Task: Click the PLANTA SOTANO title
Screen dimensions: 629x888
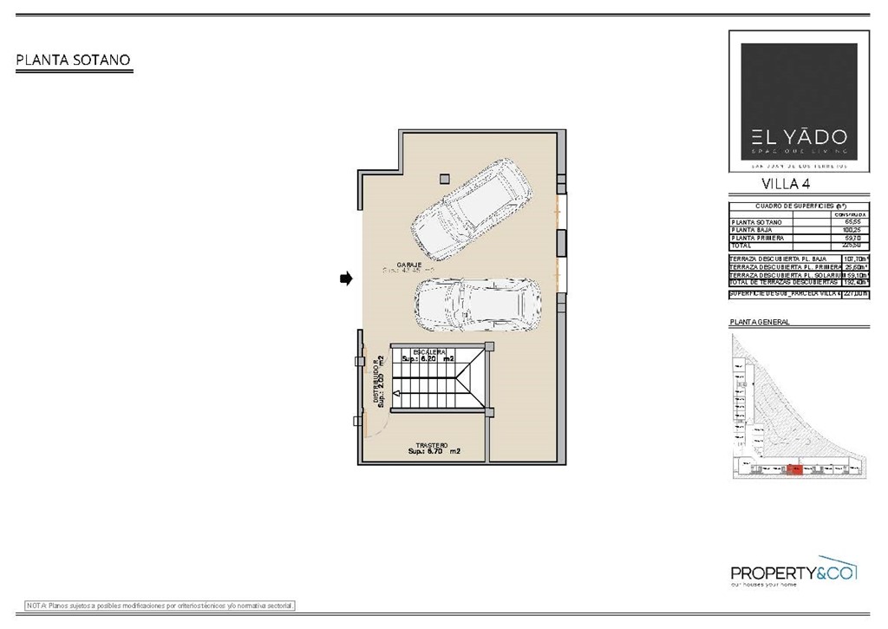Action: click(x=73, y=61)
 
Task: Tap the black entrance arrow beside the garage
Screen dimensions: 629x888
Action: click(x=345, y=278)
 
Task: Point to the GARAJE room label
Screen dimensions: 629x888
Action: click(x=410, y=264)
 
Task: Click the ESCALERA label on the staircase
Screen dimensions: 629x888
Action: click(x=429, y=351)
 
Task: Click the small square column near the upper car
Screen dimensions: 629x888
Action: click(x=444, y=179)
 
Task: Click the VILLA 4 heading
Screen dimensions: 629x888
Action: click(x=786, y=183)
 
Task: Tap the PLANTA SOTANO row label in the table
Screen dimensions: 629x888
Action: click(x=757, y=222)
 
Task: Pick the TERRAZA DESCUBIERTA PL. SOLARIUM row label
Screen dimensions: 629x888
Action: click(x=783, y=275)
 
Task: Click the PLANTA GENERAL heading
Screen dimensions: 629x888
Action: click(x=760, y=322)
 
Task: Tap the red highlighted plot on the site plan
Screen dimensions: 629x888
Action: click(x=793, y=470)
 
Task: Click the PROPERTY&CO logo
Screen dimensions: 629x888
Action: click(x=793, y=573)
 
